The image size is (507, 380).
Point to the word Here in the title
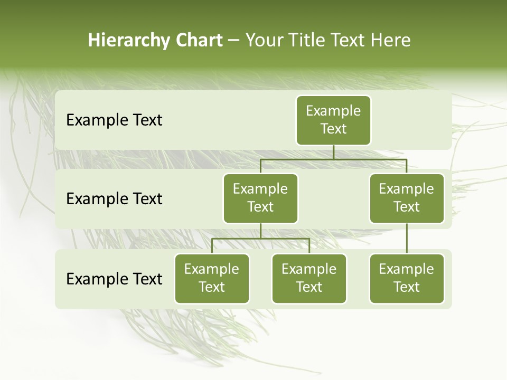[391, 40]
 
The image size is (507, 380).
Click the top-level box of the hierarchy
[333, 120]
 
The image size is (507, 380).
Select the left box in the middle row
[260, 198]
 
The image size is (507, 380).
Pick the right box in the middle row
[407, 198]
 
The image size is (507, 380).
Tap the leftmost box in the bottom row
[212, 278]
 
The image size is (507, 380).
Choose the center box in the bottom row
[309, 278]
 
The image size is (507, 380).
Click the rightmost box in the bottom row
[407, 278]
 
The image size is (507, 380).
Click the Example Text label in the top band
[114, 120]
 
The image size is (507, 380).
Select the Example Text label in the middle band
[114, 199]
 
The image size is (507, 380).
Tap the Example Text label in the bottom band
[114, 279]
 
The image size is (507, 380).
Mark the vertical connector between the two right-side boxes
[407, 239]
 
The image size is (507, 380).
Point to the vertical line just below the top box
[333, 152]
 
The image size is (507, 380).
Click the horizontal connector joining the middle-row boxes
[333, 159]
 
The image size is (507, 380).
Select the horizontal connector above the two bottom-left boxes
[260, 239]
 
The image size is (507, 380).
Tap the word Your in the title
[262, 40]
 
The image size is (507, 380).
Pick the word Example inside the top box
[333, 111]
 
